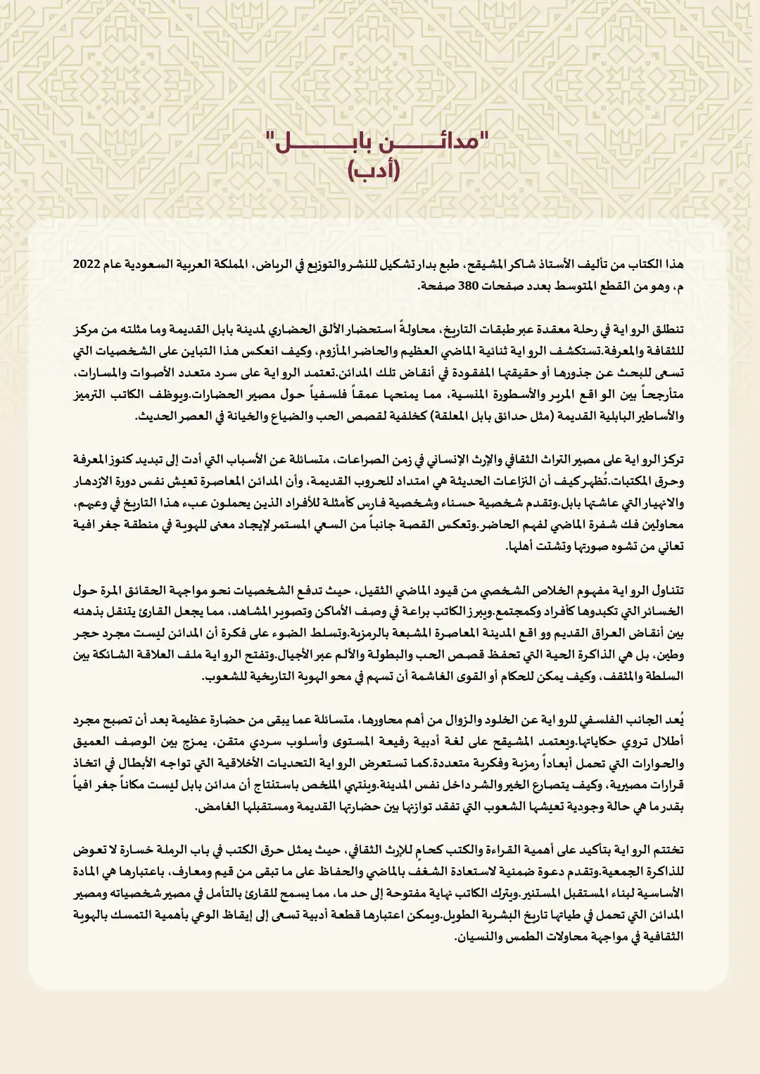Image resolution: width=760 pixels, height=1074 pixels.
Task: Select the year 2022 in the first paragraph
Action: tap(87, 264)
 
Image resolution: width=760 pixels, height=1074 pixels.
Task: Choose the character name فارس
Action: tap(384, 504)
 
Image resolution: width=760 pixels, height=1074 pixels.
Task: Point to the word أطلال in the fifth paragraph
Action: tap(669, 742)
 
